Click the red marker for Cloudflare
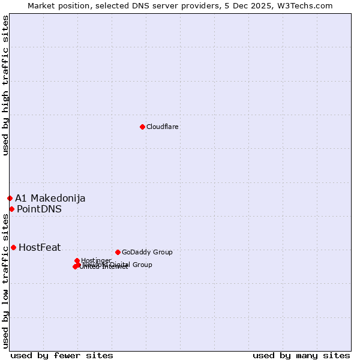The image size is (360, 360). tap(142, 127)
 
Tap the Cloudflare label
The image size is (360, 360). tap(162, 127)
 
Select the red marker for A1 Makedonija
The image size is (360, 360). tap(10, 198)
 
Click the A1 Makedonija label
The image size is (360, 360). tap(50, 198)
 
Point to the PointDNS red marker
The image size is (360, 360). tap(11, 209)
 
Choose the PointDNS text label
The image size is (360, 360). tap(39, 209)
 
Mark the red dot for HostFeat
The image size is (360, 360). tap(13, 247)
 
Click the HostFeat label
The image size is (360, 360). tap(40, 247)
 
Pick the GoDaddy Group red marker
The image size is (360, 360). tap(118, 252)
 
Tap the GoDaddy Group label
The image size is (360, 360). tap(147, 252)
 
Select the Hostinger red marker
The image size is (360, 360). tap(77, 260)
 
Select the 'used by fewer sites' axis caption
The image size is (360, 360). tap(62, 355)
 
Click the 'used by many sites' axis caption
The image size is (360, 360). tap(301, 355)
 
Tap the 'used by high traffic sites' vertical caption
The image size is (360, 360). tap(6, 85)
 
